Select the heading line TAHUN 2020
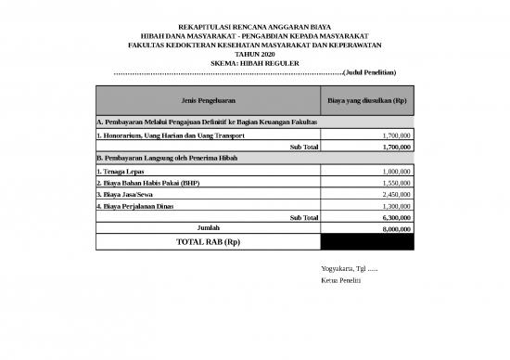point(254,54)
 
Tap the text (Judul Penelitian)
point(370,71)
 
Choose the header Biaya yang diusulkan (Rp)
point(367,99)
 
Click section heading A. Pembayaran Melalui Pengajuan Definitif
point(207,122)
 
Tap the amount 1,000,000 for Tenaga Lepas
point(396,172)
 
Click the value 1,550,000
point(396,183)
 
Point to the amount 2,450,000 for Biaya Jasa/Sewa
point(396,195)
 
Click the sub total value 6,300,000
point(396,217)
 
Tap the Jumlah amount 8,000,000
point(396,228)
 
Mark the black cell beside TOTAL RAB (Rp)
point(367,241)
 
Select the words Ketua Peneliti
point(340,279)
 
